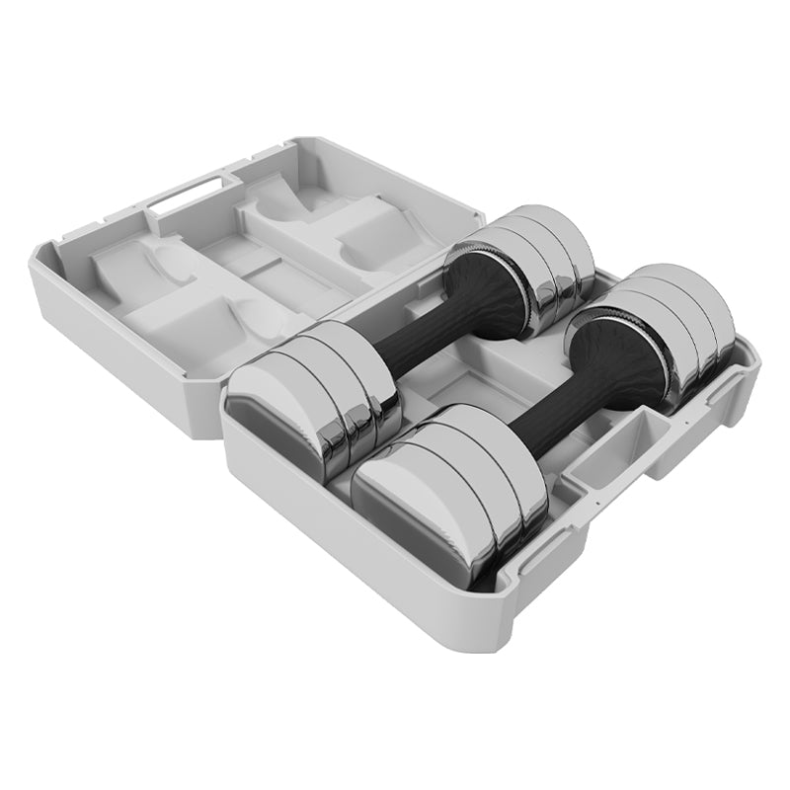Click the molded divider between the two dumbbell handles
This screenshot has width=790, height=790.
[474, 390]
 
